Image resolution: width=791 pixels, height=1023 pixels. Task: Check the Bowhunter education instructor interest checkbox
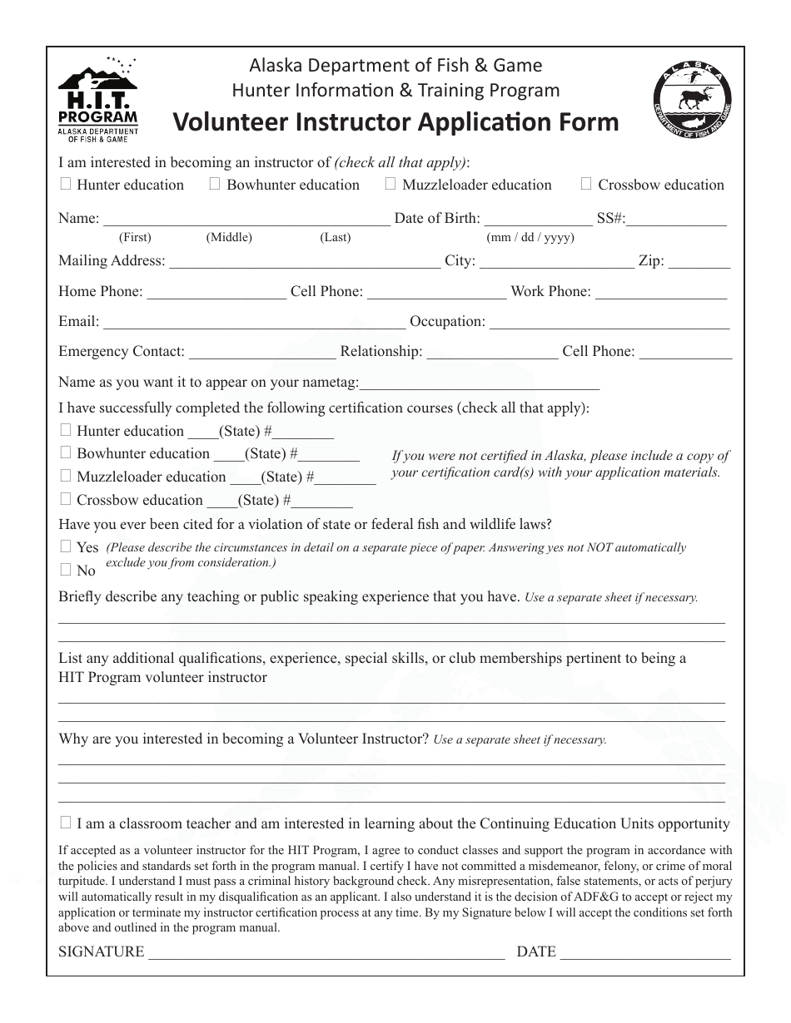coord(215,184)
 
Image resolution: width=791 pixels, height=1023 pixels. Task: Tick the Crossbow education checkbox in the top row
coord(586,184)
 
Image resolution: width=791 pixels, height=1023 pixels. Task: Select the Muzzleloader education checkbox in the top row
coord(391,184)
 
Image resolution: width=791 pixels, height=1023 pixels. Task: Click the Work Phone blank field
coord(661,292)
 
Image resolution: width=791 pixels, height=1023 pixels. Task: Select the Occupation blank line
coord(609,322)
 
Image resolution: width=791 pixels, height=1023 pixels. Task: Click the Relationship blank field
coord(492,352)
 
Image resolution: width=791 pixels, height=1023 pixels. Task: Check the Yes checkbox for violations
coord(66,546)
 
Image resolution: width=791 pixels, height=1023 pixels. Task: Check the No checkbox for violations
coord(66,570)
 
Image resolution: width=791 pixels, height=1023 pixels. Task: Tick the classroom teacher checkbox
coord(66,823)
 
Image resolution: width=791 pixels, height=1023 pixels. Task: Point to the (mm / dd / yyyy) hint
coord(530,237)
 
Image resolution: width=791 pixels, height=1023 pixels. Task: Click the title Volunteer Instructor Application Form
coord(395,122)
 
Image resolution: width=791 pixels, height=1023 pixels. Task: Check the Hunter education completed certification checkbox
coord(66,430)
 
